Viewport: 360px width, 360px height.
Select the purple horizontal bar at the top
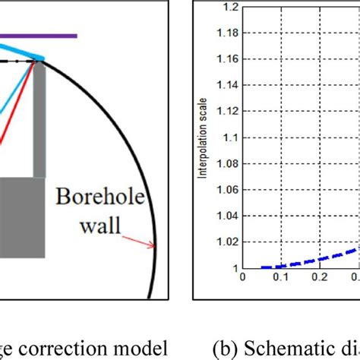click(x=38, y=35)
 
